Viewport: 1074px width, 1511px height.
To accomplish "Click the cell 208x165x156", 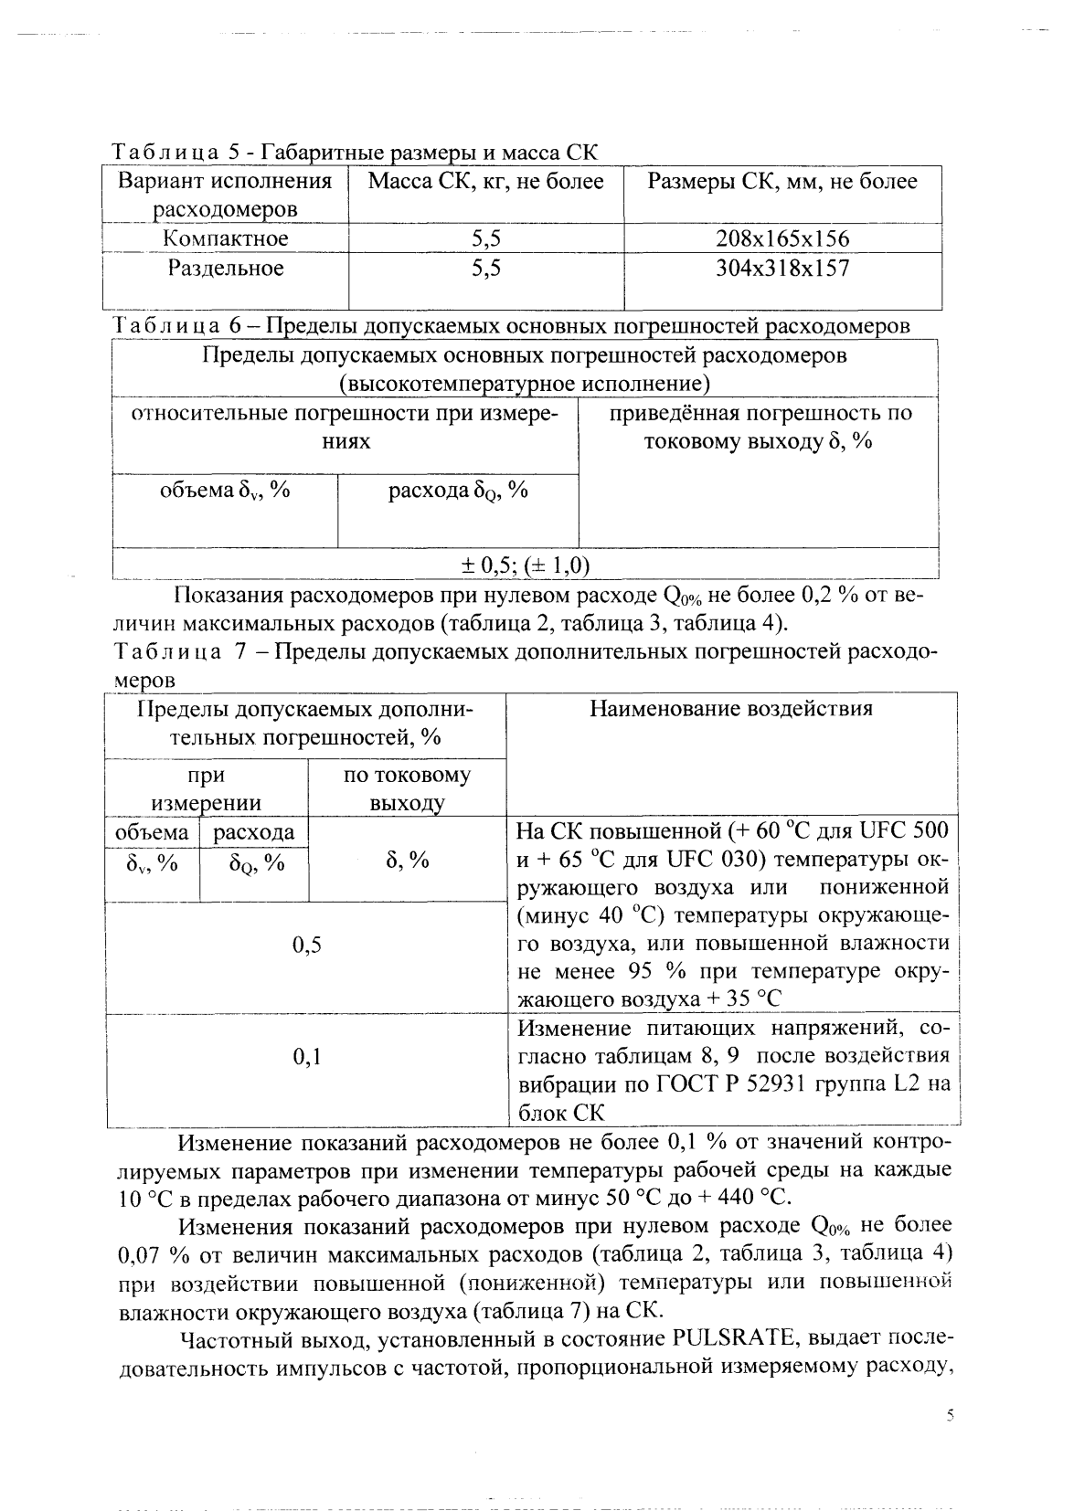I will (x=782, y=239).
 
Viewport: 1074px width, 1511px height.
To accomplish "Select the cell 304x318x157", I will (x=782, y=269).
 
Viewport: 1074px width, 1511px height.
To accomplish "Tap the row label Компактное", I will (x=226, y=239).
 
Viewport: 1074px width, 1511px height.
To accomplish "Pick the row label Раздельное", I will (x=226, y=269).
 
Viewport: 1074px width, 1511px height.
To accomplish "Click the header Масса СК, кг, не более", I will (x=485, y=182).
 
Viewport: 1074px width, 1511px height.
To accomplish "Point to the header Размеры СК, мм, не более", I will (x=782, y=182).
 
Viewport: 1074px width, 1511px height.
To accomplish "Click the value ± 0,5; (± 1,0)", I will (x=525, y=565).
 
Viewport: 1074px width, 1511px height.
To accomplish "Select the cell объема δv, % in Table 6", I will (x=225, y=491).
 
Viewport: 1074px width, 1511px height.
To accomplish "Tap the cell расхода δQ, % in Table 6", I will (x=458, y=491).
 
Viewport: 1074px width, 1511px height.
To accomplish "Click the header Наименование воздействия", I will (x=731, y=709).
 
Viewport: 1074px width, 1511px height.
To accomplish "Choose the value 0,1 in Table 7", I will (x=307, y=1058).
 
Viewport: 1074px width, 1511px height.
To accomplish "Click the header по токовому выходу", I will (x=407, y=789).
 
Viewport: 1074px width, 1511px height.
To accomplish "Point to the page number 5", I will (x=950, y=1416).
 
